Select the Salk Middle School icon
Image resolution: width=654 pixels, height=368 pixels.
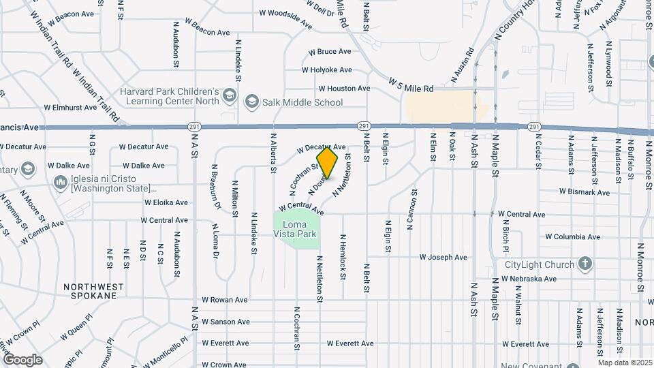point(251,102)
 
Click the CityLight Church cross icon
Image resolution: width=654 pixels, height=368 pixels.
point(585,264)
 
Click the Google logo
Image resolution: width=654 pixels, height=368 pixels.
point(22,359)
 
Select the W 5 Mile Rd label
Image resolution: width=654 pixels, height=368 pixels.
point(411,85)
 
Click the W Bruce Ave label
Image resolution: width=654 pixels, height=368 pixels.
point(330,52)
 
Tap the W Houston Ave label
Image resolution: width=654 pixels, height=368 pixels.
point(344,89)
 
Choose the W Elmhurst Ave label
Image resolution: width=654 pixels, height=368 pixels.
point(70,108)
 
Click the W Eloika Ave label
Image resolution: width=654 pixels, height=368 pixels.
point(166,202)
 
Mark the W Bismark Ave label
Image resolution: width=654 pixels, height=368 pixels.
point(585,192)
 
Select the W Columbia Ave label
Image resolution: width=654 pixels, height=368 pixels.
point(572,237)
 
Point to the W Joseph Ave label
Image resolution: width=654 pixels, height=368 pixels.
point(443,258)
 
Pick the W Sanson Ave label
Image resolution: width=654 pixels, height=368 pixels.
point(225,322)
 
